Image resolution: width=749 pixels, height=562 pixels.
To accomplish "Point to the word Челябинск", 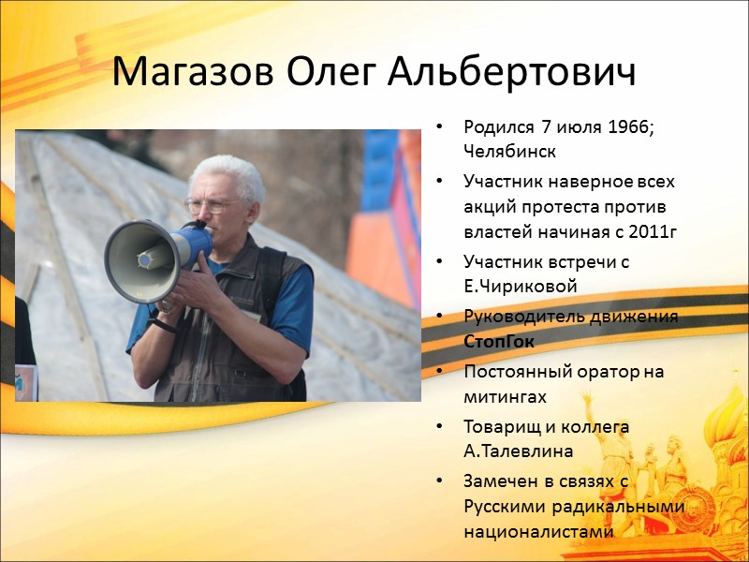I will point(507,150).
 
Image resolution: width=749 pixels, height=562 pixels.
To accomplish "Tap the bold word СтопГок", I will point(499,341).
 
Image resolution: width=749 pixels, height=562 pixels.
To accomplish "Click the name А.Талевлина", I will point(519,451).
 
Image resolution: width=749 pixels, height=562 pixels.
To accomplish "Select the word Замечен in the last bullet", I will point(496,481).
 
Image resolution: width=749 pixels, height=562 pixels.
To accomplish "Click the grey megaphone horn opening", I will point(139,262).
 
